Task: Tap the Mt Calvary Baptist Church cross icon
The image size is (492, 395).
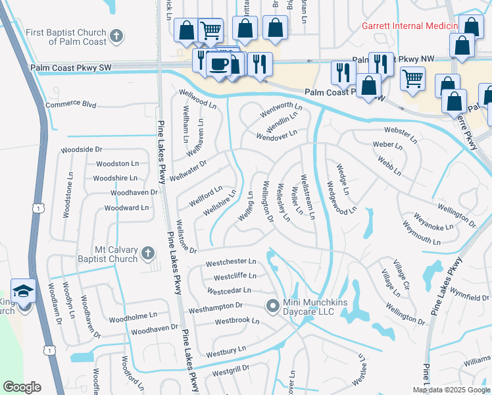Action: click(148, 253)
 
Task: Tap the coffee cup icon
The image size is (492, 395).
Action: click(218, 64)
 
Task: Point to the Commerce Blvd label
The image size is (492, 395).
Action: click(71, 105)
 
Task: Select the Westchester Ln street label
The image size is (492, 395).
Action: click(230, 263)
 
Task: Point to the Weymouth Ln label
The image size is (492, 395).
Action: click(421, 237)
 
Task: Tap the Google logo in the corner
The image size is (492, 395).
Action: click(22, 386)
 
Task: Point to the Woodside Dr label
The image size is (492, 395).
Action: click(82, 150)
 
